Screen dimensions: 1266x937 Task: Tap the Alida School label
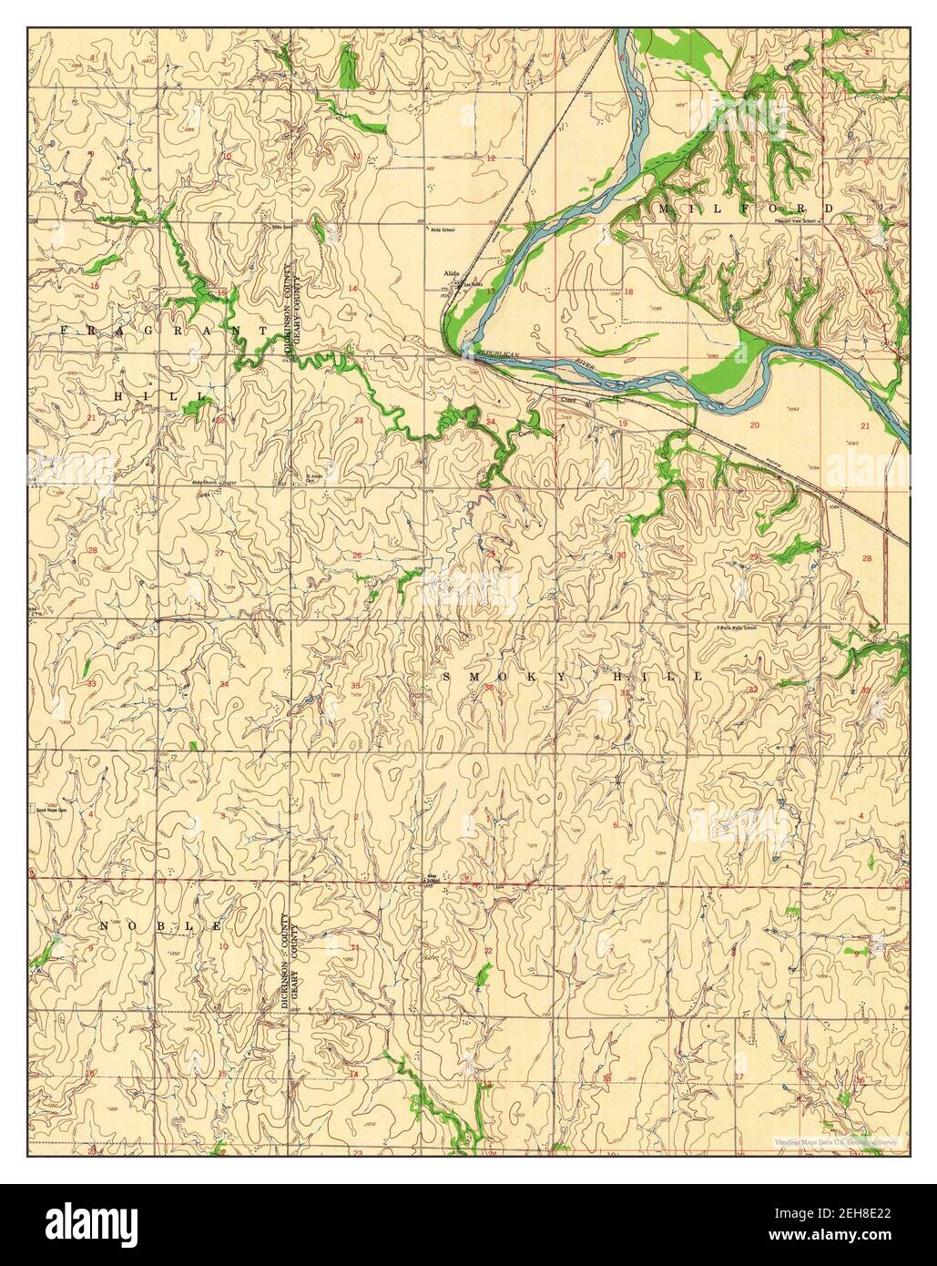(443, 230)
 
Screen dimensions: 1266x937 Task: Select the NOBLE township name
(160, 926)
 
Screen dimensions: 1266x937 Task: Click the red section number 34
(223, 683)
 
